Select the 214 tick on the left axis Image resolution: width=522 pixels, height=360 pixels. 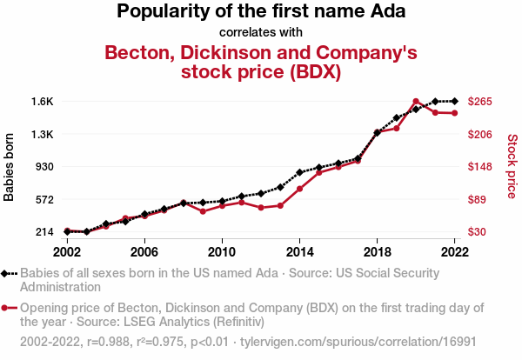coord(44,232)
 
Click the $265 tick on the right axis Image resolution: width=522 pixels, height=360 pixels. coord(481,102)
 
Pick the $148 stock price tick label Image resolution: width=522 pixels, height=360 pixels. coord(481,167)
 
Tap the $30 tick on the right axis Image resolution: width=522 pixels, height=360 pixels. coord(479,232)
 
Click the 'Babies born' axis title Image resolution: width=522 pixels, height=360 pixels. coord(10,167)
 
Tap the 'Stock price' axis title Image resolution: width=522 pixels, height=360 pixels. coord(512,165)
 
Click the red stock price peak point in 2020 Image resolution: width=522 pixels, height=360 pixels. coord(416,102)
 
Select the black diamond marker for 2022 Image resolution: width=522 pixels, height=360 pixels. coord(454,102)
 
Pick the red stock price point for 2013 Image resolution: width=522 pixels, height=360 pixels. coord(280,205)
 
